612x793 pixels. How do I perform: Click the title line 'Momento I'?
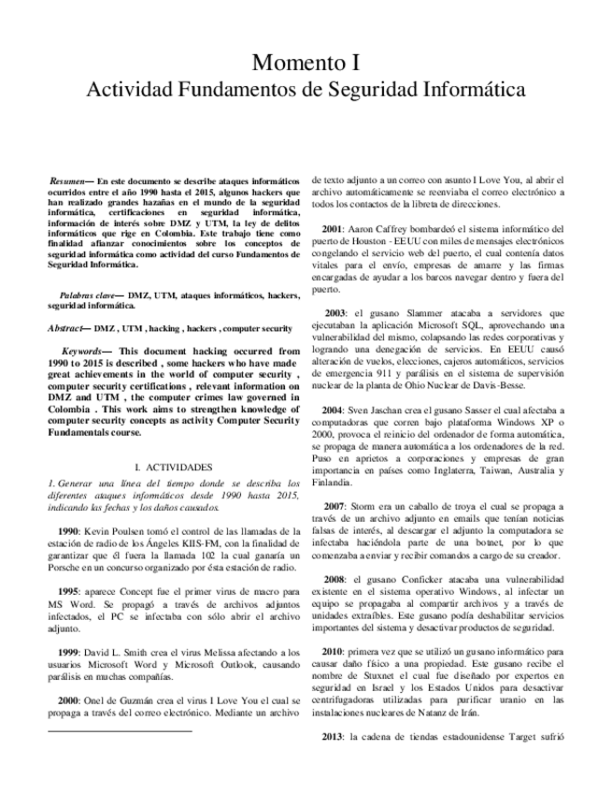click(306, 64)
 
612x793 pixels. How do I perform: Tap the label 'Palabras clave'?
click(85, 295)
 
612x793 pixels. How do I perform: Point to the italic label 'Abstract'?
click(65, 328)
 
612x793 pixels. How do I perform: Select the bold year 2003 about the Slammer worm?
click(334, 312)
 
